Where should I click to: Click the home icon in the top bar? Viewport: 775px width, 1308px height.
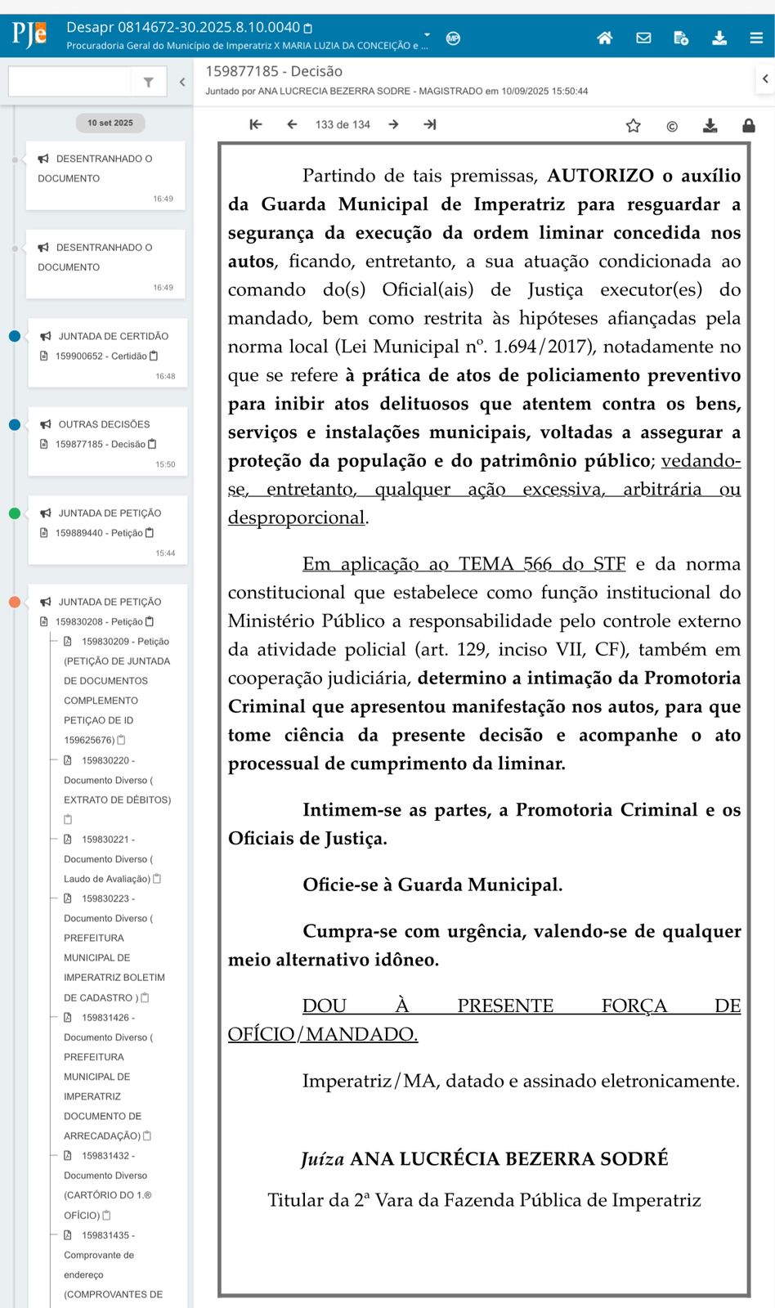pos(605,38)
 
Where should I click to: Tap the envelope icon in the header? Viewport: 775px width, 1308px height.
pos(643,38)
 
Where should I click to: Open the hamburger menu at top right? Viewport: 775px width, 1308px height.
pos(756,38)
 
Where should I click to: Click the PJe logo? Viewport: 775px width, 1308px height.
pos(29,34)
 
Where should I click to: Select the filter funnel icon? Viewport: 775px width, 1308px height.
pos(148,82)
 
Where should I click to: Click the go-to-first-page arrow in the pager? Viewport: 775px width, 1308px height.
pos(256,124)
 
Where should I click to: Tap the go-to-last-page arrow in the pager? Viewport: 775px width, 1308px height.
pos(430,124)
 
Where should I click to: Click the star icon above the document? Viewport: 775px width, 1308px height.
pos(633,126)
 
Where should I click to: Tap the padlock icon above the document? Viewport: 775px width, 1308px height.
pos(748,126)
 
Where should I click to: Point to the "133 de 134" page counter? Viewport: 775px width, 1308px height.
pos(343,125)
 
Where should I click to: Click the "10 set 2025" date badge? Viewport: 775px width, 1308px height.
pos(110,123)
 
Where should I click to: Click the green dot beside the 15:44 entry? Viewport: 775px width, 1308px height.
pos(15,513)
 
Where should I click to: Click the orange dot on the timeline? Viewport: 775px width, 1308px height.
pos(15,602)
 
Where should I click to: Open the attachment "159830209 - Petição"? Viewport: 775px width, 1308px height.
pos(124,642)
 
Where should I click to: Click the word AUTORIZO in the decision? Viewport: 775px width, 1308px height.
pos(600,176)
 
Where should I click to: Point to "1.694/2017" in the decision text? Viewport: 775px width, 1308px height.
pos(539,347)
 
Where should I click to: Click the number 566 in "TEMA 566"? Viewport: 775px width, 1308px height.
pos(538,564)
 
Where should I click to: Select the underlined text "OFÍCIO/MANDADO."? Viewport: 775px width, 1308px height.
pos(323,1034)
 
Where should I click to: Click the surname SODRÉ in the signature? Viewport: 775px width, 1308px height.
pos(634,1159)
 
